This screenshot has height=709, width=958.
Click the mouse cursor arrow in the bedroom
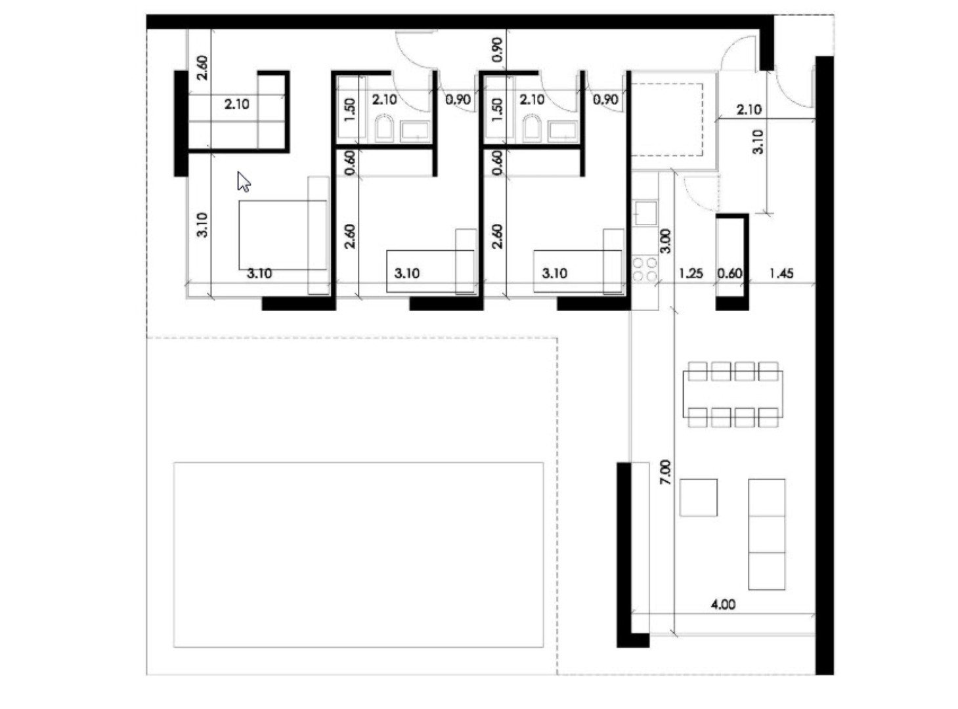click(244, 182)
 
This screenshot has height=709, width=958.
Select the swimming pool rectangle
click(358, 554)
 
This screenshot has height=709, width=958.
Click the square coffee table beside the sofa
click(698, 498)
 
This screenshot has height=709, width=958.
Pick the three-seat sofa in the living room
click(766, 534)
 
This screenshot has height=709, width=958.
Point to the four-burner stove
click(644, 269)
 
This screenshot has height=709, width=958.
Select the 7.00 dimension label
click(665, 472)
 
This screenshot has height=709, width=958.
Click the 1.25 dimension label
click(691, 273)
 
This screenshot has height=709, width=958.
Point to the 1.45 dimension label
click(781, 273)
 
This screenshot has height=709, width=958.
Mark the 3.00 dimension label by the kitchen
click(665, 241)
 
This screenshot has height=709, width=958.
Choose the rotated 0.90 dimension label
click(497, 50)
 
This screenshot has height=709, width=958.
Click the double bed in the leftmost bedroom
click(282, 235)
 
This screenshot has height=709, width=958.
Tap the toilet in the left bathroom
click(383, 129)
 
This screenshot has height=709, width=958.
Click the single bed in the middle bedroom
click(429, 270)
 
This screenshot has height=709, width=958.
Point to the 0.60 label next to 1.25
click(729, 273)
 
